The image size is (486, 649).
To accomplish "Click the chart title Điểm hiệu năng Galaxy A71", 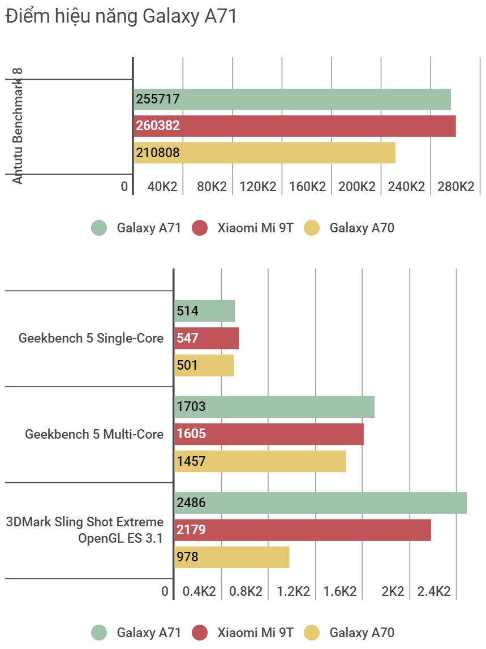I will pyautogui.click(x=121, y=17).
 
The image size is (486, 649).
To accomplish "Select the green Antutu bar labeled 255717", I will pyautogui.click(x=292, y=99).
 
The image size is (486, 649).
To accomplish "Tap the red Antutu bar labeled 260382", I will pyautogui.click(x=295, y=126).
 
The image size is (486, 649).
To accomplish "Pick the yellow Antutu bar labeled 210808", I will pyautogui.click(x=264, y=153).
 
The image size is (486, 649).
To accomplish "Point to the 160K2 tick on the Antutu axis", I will pyautogui.click(x=307, y=187).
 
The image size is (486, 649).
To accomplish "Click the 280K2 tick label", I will pyautogui.click(x=455, y=187).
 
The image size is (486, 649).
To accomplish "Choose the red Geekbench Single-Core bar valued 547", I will pyautogui.click(x=207, y=339).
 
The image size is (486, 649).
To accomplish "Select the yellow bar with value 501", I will pyautogui.click(x=204, y=365).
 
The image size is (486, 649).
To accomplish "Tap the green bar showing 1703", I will pyautogui.click(x=274, y=406).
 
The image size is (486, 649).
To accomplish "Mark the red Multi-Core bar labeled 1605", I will pyautogui.click(x=269, y=434).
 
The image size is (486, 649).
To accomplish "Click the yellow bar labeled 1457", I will pyautogui.click(x=260, y=461).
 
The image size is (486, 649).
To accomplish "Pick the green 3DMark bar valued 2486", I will pyautogui.click(x=320, y=503).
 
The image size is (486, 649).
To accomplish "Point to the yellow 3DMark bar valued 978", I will pyautogui.click(x=231, y=557).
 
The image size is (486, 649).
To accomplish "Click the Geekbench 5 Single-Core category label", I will pyautogui.click(x=91, y=339).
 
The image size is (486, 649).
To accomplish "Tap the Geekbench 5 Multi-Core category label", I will pyautogui.click(x=94, y=434).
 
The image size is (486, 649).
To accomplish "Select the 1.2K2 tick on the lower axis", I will pyautogui.click(x=293, y=592).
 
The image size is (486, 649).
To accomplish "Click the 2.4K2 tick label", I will pyautogui.click(x=434, y=592).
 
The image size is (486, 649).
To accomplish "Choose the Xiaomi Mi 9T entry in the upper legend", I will pyautogui.click(x=243, y=228).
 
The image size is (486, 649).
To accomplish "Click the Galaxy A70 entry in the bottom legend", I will pyautogui.click(x=350, y=633).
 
